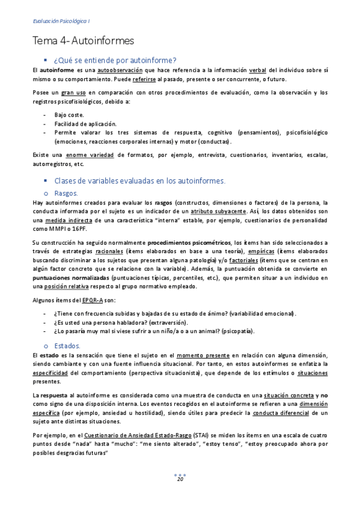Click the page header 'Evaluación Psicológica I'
(x=61, y=22)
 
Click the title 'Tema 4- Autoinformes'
(x=83, y=41)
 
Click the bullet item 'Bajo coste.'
(x=69, y=114)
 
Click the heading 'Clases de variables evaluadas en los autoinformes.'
(x=139, y=180)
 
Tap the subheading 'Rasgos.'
(x=66, y=192)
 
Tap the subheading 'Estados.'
(x=67, y=346)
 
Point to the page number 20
(x=180, y=479)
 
